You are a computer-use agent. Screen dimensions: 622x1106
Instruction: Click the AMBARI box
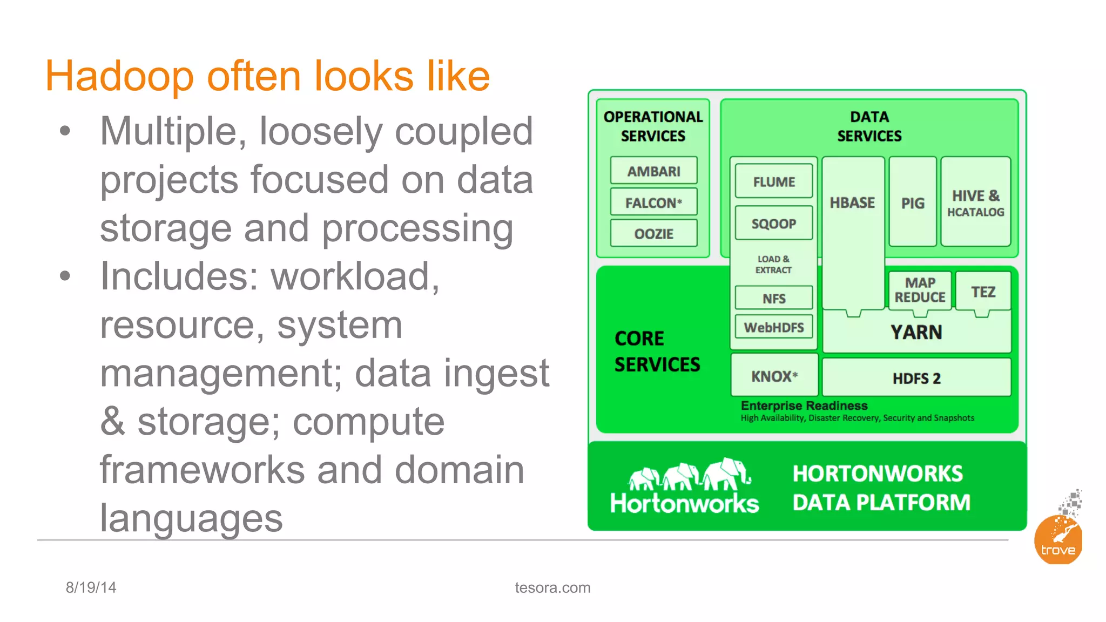653,171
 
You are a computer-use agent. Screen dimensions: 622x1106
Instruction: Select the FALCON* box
653,202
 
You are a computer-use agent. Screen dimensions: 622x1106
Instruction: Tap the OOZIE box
653,234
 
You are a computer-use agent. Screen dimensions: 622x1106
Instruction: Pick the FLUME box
774,182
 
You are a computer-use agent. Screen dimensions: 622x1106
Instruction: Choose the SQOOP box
774,224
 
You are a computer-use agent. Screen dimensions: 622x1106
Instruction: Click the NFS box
774,298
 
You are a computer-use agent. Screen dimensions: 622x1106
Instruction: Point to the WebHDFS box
774,327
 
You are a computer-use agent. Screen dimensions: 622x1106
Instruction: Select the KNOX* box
774,376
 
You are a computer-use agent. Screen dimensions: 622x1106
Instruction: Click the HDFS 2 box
916,378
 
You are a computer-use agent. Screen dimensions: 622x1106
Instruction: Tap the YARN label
916,332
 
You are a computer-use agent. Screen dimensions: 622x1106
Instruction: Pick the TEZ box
983,292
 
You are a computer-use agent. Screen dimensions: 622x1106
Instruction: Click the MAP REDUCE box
920,290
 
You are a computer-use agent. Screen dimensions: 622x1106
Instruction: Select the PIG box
913,202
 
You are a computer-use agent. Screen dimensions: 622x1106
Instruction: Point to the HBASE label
852,202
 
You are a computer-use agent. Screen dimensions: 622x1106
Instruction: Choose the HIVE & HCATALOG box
975,202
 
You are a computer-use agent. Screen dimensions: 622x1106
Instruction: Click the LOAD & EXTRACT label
773,265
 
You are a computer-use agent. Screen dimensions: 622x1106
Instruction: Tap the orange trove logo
1058,540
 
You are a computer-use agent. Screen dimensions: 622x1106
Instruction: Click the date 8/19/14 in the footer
91,587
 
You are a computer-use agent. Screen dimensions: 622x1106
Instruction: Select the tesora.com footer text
552,587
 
